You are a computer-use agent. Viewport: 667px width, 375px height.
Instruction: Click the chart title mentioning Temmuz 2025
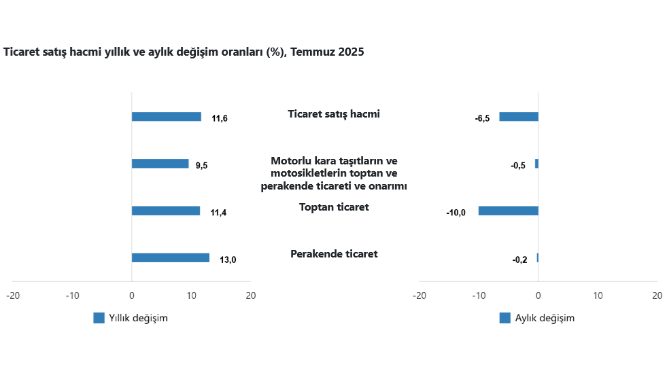click(x=184, y=52)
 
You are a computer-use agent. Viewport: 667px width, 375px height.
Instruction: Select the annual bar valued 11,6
click(x=166, y=117)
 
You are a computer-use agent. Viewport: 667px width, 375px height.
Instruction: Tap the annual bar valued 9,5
click(x=160, y=164)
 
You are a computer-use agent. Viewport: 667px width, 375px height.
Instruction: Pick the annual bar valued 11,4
click(x=165, y=211)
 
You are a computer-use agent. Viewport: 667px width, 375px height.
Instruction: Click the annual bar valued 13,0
click(x=170, y=257)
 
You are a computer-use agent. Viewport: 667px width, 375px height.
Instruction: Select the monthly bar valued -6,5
click(x=519, y=117)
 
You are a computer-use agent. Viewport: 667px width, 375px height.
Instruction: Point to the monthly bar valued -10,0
click(x=508, y=211)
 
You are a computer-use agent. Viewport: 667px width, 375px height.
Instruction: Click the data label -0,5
click(x=518, y=166)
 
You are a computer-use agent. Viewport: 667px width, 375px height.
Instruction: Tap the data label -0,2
click(x=519, y=260)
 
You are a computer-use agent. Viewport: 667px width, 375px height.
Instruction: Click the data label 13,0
click(x=228, y=260)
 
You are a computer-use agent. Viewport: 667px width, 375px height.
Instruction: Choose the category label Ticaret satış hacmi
click(x=334, y=114)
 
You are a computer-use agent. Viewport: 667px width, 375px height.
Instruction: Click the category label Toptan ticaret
click(x=334, y=207)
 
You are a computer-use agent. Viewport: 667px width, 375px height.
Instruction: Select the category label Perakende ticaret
click(x=334, y=254)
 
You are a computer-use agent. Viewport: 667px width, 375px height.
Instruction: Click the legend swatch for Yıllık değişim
click(x=99, y=318)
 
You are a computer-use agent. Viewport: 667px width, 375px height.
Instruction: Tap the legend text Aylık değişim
click(x=545, y=318)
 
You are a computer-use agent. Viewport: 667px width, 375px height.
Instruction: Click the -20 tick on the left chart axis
click(x=12, y=296)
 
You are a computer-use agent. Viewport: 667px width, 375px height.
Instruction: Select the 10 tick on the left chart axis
click(x=191, y=296)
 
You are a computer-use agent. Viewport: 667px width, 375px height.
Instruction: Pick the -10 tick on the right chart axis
click(x=479, y=296)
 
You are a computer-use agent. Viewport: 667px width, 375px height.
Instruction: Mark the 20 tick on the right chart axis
click(x=657, y=296)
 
